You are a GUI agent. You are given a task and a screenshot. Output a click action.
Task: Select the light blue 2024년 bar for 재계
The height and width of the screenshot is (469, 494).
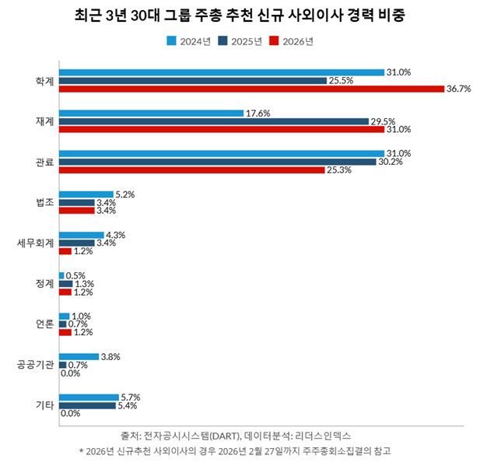152,113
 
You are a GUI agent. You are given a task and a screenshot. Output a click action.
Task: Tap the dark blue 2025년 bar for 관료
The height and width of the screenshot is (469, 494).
218,162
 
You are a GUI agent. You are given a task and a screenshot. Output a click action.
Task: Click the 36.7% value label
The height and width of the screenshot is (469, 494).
459,89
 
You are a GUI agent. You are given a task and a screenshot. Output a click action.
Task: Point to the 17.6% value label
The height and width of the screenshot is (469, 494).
258,113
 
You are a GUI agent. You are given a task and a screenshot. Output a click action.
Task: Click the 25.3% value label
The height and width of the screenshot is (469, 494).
339,170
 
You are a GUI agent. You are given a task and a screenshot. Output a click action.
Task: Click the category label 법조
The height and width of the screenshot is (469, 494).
44,202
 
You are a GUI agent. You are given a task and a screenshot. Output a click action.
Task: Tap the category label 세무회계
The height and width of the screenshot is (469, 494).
36,243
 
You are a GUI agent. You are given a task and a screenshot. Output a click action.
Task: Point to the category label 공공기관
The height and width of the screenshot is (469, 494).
36,364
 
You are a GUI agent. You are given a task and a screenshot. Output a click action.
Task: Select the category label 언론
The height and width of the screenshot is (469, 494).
44,324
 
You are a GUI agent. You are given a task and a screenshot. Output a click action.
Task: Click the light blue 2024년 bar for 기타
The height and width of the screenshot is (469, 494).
89,397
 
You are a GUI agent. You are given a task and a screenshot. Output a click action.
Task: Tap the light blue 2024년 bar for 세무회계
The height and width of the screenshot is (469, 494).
81,234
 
